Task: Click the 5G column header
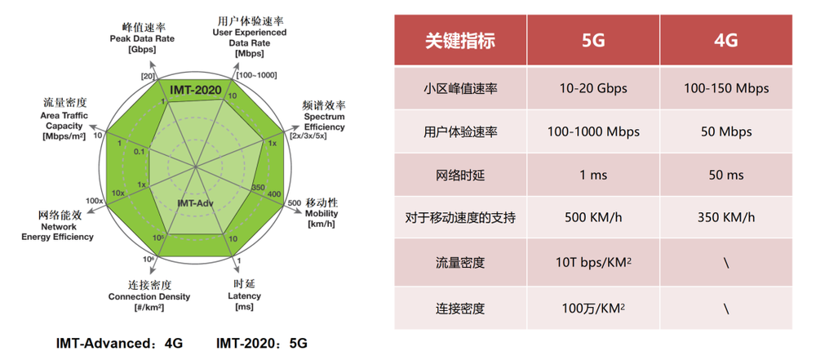point(593,40)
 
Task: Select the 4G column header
point(726,40)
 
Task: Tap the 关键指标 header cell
point(460,40)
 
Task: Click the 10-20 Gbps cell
point(593,88)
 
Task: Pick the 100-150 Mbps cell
point(726,88)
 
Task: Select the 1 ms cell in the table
point(593,175)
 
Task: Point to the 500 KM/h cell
point(593,217)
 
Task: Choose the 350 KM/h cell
point(726,217)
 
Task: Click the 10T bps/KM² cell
point(593,262)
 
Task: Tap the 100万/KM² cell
point(593,308)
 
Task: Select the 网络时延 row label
point(460,175)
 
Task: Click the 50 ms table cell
point(726,175)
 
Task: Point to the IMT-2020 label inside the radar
point(196,90)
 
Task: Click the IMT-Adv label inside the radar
point(195,202)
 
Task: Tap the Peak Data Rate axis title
point(142,39)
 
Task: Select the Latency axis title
point(244,296)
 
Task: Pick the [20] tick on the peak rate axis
point(147,76)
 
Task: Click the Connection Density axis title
point(149,297)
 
